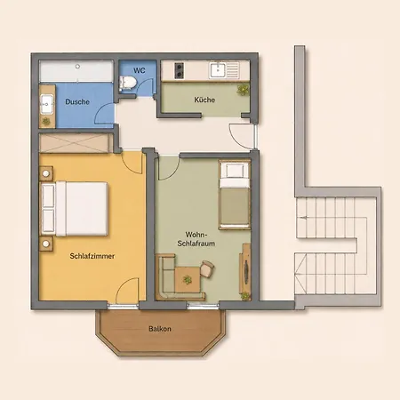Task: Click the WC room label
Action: click(x=140, y=70)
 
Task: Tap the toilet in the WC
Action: click(x=127, y=83)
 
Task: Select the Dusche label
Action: click(x=77, y=101)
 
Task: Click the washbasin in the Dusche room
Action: click(x=47, y=104)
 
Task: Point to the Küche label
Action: click(x=204, y=100)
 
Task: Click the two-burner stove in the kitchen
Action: click(x=179, y=70)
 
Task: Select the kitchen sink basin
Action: click(x=218, y=70)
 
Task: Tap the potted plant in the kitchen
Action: click(x=243, y=89)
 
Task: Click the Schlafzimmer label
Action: click(x=92, y=256)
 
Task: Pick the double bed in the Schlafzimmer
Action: click(x=74, y=209)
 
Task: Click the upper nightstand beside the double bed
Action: click(x=46, y=173)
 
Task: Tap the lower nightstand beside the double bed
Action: click(x=46, y=244)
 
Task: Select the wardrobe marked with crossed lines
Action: click(x=76, y=143)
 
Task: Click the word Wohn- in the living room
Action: click(x=196, y=235)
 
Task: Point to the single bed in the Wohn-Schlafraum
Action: click(x=235, y=195)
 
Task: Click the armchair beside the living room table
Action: click(x=207, y=268)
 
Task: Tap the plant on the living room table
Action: click(x=188, y=279)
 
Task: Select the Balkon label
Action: click(x=160, y=329)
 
